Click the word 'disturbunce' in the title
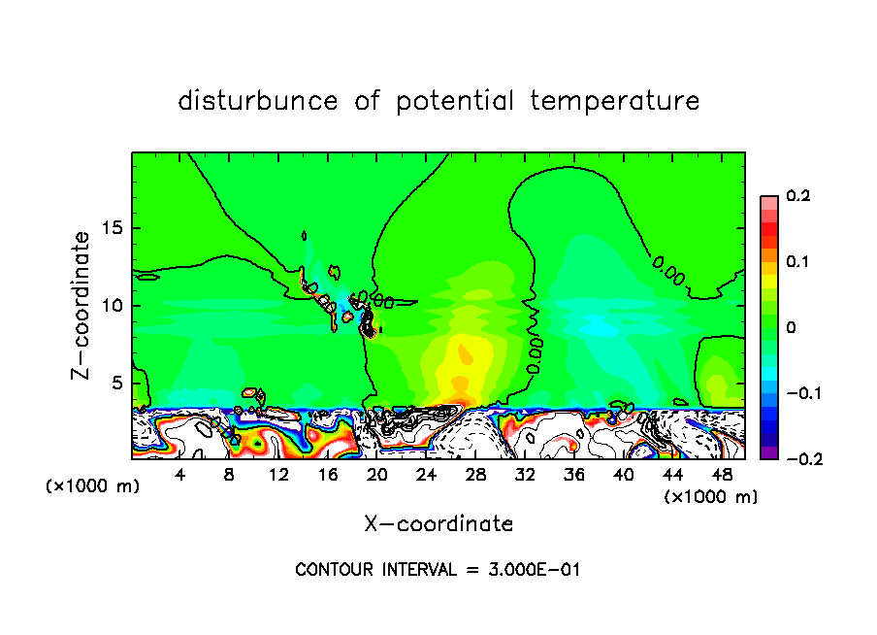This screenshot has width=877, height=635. [258, 101]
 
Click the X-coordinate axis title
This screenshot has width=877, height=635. [438, 524]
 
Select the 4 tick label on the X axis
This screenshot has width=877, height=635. [180, 475]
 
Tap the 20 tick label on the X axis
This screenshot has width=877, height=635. [377, 475]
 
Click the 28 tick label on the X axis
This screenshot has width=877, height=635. [475, 475]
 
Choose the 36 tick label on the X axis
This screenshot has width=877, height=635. [574, 475]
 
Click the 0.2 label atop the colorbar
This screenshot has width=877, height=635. [798, 196]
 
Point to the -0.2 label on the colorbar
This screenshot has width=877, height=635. [798, 458]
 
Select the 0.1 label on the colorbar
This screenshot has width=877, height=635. [798, 261]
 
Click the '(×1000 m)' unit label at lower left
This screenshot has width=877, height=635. [93, 486]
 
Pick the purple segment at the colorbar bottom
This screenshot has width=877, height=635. [769, 451]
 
